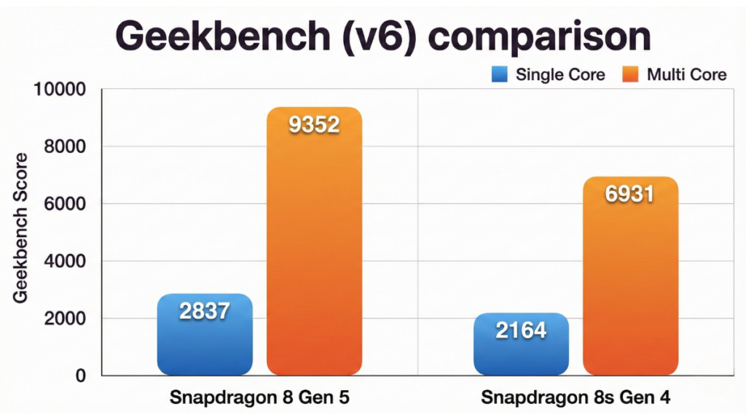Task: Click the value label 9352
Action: tap(314, 125)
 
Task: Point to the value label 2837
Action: tap(205, 311)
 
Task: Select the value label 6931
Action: tap(630, 195)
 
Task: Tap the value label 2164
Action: tap(521, 330)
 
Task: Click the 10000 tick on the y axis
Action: tap(60, 90)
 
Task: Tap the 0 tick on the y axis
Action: tap(80, 376)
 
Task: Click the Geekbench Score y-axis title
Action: tap(21, 228)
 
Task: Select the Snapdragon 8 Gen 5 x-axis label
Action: tap(259, 399)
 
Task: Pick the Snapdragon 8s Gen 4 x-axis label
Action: tap(576, 399)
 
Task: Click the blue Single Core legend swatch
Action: tap(499, 74)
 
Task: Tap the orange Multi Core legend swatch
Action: tap(631, 74)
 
